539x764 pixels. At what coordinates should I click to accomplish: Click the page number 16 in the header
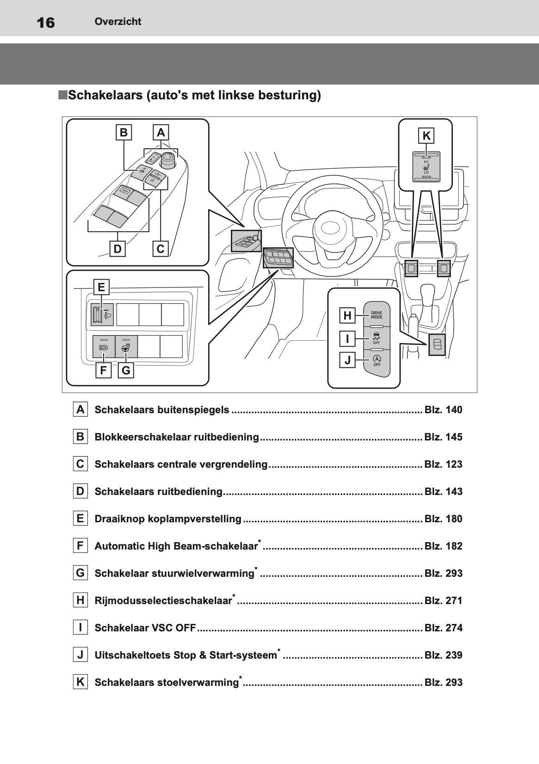click(x=45, y=22)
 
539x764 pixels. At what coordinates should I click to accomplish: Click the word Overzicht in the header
click(x=118, y=21)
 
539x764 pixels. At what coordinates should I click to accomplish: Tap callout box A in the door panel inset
click(x=161, y=133)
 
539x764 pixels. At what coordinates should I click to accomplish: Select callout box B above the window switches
click(x=124, y=133)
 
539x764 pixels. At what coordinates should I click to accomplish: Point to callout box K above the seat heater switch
click(x=426, y=136)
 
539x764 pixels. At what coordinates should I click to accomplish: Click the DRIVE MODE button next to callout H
click(x=377, y=315)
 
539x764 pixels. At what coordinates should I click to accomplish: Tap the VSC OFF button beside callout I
click(x=377, y=338)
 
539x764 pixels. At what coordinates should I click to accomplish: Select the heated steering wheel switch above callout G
click(x=126, y=347)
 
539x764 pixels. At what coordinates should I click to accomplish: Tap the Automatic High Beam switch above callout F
click(x=104, y=347)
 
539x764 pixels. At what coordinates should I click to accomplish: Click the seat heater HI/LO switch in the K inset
click(x=426, y=167)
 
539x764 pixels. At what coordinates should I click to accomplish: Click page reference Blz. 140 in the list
click(x=443, y=410)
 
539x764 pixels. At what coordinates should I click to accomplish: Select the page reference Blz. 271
click(x=443, y=601)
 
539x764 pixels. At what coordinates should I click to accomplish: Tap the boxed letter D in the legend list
click(x=81, y=491)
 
